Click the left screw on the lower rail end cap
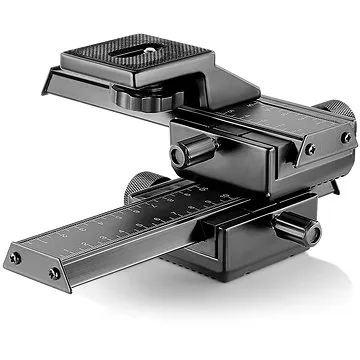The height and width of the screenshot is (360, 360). pyautogui.click(x=13, y=259)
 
